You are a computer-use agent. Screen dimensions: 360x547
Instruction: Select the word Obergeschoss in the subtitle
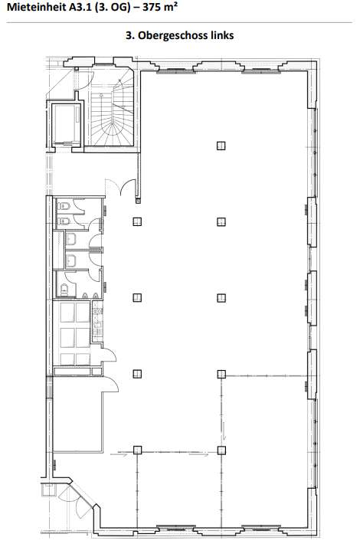pos(173,35)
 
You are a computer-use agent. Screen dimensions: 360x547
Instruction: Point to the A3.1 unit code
pos(80,7)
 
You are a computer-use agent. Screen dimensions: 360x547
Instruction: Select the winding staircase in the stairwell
pos(113,114)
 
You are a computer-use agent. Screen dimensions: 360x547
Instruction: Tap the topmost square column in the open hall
pos(221,146)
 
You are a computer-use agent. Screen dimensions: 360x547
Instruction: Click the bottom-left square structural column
pos(137,450)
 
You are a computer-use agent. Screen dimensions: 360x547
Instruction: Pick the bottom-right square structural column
pos(221,450)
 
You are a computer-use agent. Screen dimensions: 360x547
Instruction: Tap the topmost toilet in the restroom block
pos(64,206)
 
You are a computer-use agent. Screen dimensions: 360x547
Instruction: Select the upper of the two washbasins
pos(71,239)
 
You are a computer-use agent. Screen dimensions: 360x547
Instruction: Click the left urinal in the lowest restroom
pos(84,296)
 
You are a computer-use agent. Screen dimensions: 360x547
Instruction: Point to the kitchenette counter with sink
pos(97,321)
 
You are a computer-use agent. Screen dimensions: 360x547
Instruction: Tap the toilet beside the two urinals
pos(64,290)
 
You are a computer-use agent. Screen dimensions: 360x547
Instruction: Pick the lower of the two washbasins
pos(71,260)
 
